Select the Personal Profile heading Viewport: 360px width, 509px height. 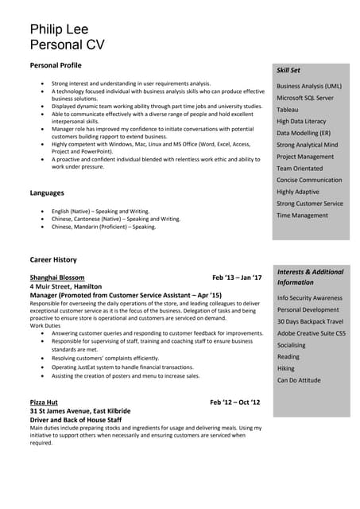tap(56, 64)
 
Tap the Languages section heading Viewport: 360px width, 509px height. tap(47, 192)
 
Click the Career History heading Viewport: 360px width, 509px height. tap(53, 259)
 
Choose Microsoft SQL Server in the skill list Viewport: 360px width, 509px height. tap(305, 97)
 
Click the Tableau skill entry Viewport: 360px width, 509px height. tap(288, 109)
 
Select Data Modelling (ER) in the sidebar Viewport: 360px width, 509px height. tap(304, 133)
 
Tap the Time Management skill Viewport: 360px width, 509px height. tap(302, 216)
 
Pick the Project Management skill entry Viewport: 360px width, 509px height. tap(305, 157)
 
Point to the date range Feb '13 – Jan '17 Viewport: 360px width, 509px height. tap(237, 278)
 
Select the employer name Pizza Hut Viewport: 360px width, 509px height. tap(44, 402)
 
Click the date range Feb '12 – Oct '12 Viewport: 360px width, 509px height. tap(235, 402)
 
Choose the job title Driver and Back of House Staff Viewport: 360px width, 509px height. tap(75, 419)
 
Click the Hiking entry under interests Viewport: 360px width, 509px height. tap(286, 368)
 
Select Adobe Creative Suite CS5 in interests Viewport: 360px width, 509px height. tap(312, 332)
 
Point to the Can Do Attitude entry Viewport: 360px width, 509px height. tap(299, 380)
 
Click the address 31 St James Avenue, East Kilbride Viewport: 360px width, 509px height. tap(80, 411)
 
